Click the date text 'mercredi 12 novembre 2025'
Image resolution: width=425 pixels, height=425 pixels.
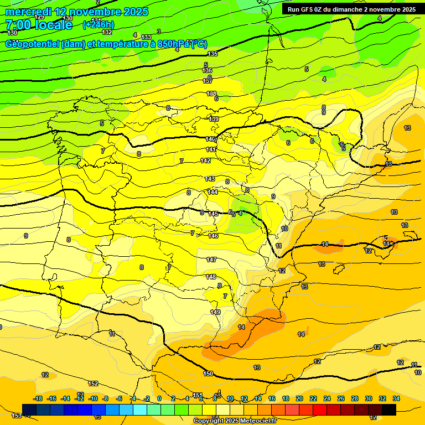tap(76, 12)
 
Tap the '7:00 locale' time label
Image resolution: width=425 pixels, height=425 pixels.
tap(39, 25)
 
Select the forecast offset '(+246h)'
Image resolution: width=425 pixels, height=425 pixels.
tap(98, 24)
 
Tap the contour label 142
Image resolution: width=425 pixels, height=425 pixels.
tap(205, 160)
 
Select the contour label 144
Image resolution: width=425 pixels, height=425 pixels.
tap(212, 192)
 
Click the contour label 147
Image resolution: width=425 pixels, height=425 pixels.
tap(211, 260)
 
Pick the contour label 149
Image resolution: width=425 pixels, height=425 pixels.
tap(215, 312)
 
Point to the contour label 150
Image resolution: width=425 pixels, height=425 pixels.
tap(208, 374)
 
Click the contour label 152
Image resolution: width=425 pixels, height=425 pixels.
tap(93, 383)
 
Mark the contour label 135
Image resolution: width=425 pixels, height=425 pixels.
tap(212, 54)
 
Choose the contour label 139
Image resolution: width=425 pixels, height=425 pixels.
tap(214, 119)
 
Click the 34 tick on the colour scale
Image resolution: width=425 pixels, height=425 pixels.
tap(396, 398)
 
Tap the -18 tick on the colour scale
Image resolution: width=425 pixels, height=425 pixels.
tap(38, 398)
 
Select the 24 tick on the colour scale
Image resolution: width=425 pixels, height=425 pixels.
tap(327, 398)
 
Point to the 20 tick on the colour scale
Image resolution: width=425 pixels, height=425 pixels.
tap(299, 398)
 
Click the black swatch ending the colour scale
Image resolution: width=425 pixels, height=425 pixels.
tap(389, 410)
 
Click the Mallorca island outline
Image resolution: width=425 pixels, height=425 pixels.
tap(388, 243)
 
